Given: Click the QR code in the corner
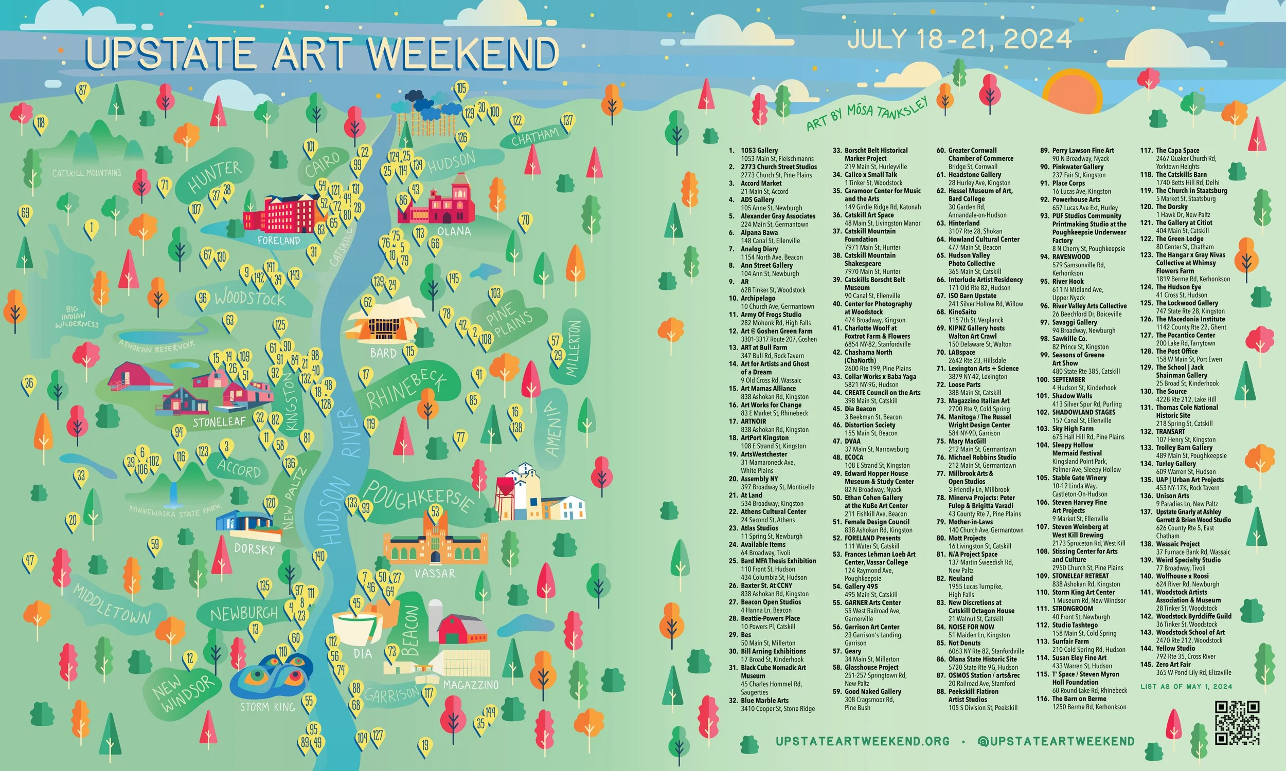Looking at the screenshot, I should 1237,722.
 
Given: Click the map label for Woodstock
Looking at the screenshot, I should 249,298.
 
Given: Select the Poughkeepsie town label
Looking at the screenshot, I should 419,495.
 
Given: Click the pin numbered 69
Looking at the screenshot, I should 26,213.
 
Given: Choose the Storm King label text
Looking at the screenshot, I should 267,707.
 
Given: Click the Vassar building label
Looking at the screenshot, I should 435,574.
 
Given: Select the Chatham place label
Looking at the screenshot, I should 535,137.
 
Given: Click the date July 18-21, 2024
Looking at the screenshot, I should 959,39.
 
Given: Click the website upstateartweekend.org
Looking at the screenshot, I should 862,741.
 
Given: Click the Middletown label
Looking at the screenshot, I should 112,604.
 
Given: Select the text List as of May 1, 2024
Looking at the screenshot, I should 1186,686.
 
